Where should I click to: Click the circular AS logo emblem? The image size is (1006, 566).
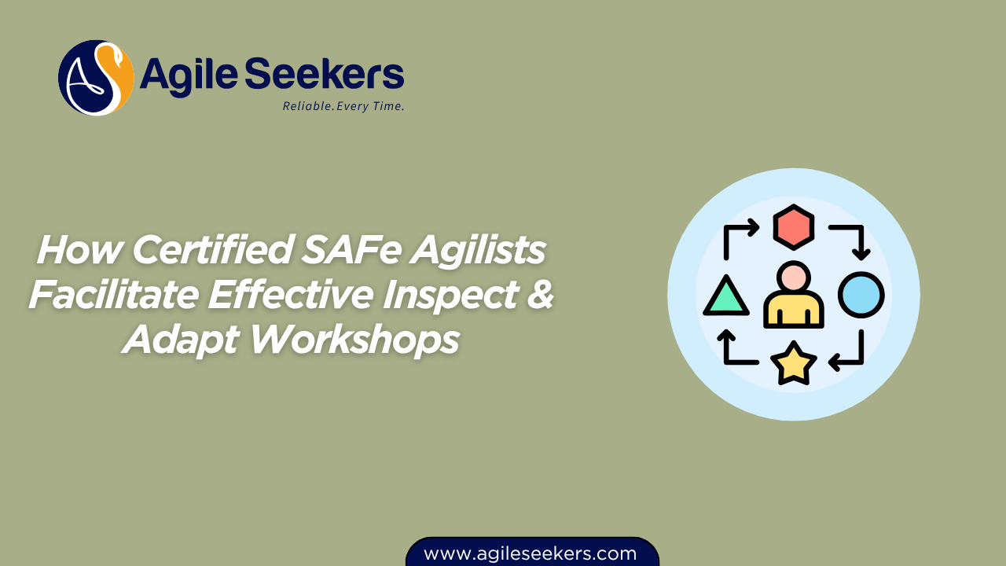click(96, 78)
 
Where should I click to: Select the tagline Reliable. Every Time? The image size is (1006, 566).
click(343, 106)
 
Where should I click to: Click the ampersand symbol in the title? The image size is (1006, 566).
click(539, 296)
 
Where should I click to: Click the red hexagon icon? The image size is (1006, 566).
click(794, 228)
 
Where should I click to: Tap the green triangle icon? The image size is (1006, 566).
click(725, 296)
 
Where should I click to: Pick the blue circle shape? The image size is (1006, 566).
click(861, 295)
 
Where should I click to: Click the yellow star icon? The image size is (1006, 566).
click(793, 362)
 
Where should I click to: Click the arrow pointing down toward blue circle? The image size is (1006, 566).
click(850, 240)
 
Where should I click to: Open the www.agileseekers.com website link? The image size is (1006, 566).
click(531, 553)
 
